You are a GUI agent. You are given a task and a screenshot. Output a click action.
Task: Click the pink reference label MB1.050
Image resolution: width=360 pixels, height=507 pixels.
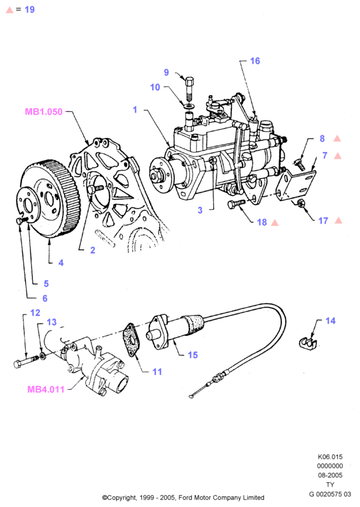click(x=43, y=111)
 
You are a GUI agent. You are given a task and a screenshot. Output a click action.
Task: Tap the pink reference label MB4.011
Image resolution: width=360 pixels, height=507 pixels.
click(x=46, y=389)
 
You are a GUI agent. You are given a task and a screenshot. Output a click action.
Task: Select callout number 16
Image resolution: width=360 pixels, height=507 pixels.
click(x=255, y=61)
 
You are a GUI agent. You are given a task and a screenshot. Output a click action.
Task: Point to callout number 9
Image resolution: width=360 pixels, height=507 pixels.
click(x=166, y=72)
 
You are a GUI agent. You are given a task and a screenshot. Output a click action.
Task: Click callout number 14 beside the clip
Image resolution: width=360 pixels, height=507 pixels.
click(x=330, y=320)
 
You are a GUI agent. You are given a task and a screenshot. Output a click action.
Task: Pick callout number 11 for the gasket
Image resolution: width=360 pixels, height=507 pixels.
click(x=157, y=372)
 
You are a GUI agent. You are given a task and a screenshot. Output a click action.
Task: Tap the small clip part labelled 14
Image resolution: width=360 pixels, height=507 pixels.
click(x=307, y=343)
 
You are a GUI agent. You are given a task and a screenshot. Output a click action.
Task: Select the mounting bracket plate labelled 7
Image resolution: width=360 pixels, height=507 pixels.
click(x=296, y=185)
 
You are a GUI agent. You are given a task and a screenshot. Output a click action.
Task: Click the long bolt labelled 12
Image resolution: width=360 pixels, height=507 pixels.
click(x=26, y=362)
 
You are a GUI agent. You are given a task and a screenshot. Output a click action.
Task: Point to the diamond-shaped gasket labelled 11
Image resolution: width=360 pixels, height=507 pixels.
click(x=132, y=340)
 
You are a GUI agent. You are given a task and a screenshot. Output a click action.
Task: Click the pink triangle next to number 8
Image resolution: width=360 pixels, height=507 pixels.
click(x=337, y=139)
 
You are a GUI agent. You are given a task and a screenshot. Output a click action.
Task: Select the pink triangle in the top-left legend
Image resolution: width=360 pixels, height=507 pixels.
click(x=9, y=10)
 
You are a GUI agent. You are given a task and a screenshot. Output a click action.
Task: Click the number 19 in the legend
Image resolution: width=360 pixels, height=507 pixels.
click(x=29, y=10)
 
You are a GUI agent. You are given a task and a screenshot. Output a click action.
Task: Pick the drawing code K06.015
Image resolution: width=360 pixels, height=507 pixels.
click(x=330, y=457)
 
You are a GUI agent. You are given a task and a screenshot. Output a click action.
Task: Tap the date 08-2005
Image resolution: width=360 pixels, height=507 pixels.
click(x=330, y=475)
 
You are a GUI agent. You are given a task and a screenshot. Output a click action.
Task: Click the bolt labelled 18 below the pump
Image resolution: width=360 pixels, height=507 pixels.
click(x=237, y=205)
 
